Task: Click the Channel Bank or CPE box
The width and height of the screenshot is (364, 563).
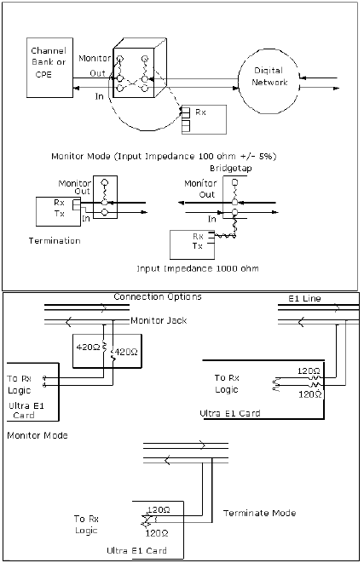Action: click(49, 67)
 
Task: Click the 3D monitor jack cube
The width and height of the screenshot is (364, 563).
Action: click(140, 67)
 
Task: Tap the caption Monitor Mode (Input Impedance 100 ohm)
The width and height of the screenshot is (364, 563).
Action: click(164, 156)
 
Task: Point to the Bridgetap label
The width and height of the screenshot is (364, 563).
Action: click(231, 168)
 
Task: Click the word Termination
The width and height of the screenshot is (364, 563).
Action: click(55, 240)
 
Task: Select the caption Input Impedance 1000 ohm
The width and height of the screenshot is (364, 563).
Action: click(198, 268)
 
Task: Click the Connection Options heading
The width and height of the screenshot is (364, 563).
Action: click(158, 297)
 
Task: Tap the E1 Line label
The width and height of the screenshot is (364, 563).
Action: click(304, 298)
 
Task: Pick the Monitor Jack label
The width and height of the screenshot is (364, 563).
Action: click(159, 320)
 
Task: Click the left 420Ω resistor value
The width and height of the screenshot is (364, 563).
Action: click(88, 347)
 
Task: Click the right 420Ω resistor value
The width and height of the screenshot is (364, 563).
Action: click(126, 353)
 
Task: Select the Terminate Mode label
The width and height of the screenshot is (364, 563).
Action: click(260, 513)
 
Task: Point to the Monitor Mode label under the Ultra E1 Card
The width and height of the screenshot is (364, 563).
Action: click(38, 435)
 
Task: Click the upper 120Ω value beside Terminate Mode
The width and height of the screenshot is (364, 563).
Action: click(159, 510)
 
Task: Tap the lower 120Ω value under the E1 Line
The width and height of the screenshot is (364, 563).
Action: click(310, 394)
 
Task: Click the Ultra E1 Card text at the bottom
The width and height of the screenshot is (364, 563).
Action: click(137, 550)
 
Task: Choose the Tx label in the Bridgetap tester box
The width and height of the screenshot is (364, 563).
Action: click(197, 246)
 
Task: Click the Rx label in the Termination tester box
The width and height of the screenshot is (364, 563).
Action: click(60, 203)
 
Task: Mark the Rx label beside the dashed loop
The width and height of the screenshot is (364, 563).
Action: click(200, 112)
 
